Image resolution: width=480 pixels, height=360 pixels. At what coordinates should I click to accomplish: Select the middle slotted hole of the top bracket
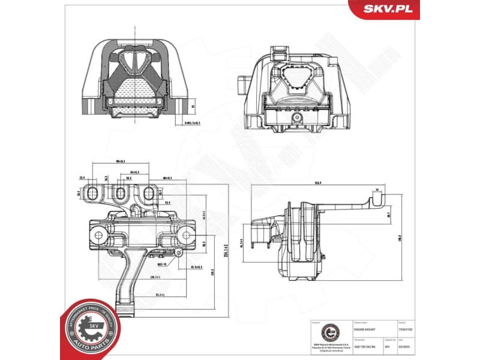click(120, 193)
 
